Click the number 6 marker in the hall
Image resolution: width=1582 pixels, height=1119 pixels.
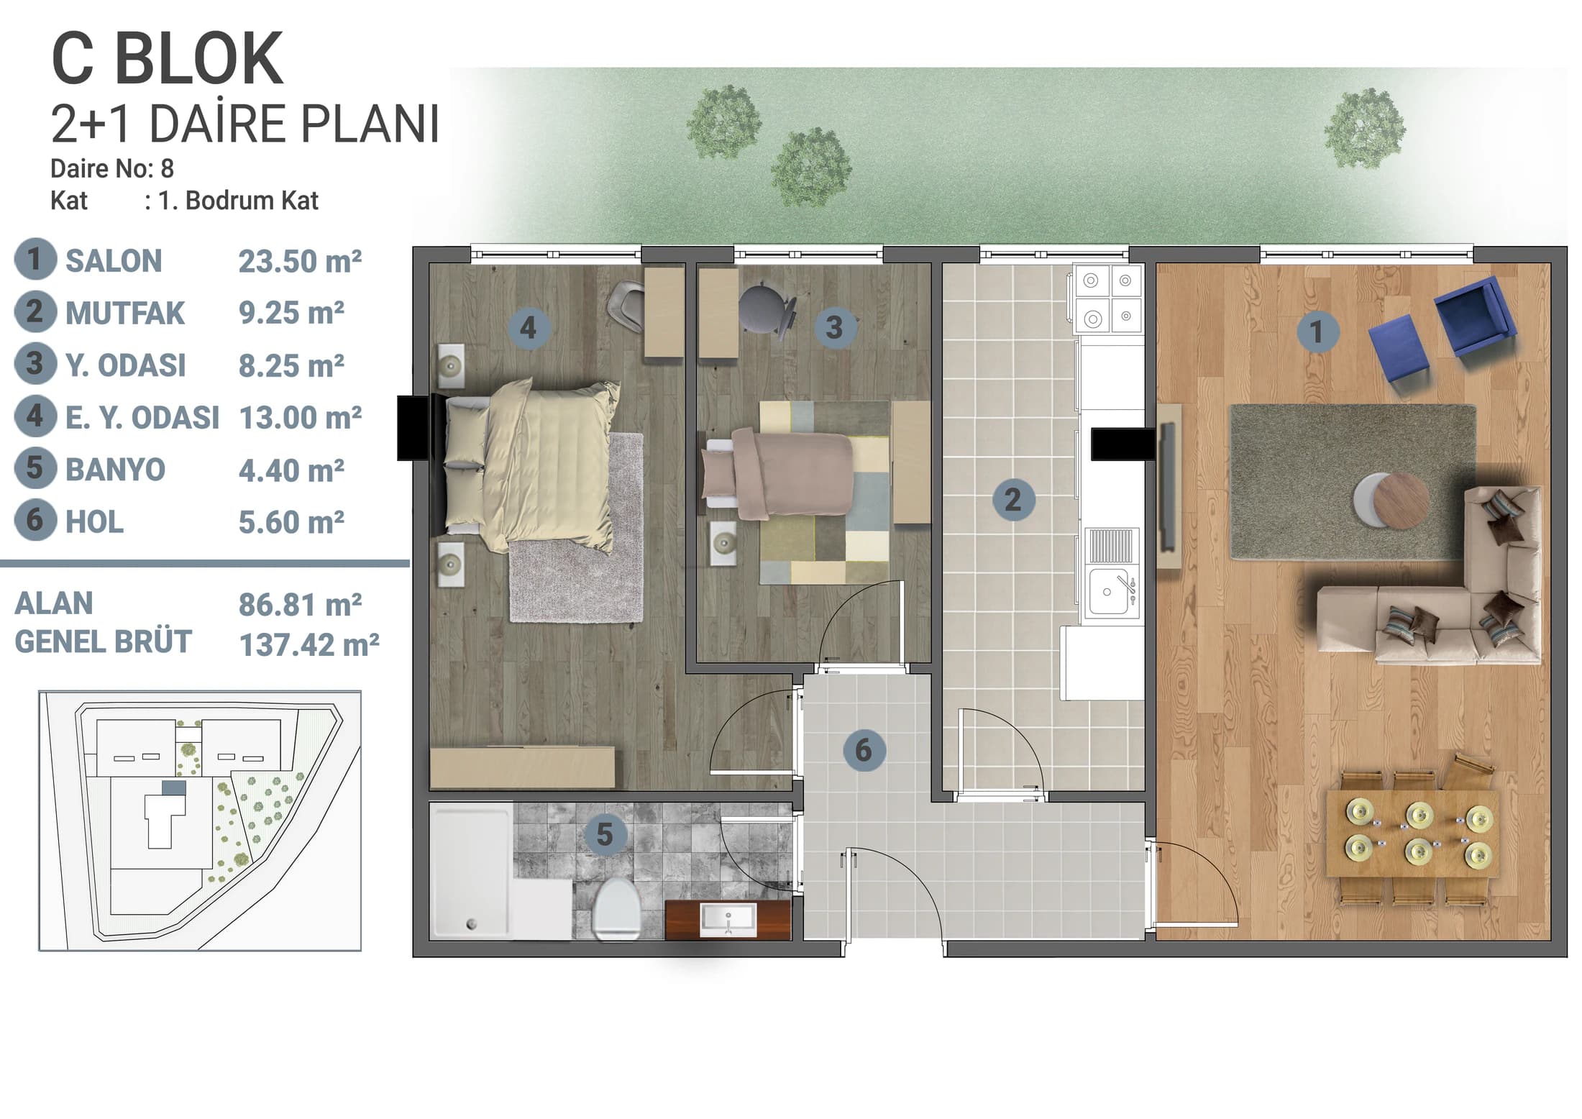tap(864, 750)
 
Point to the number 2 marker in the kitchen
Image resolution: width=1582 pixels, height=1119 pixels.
tap(1013, 499)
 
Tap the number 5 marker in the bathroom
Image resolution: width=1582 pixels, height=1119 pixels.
tap(605, 834)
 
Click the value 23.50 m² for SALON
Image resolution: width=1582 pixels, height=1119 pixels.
tap(300, 261)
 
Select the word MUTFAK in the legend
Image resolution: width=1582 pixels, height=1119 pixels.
tap(125, 314)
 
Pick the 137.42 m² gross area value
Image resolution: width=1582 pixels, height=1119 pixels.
tap(309, 644)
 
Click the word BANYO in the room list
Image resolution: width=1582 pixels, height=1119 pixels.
tap(116, 470)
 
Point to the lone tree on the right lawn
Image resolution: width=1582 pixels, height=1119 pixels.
tap(1364, 129)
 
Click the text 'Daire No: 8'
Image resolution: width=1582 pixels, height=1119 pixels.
tap(112, 169)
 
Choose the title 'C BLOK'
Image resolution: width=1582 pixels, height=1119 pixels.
tap(168, 60)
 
